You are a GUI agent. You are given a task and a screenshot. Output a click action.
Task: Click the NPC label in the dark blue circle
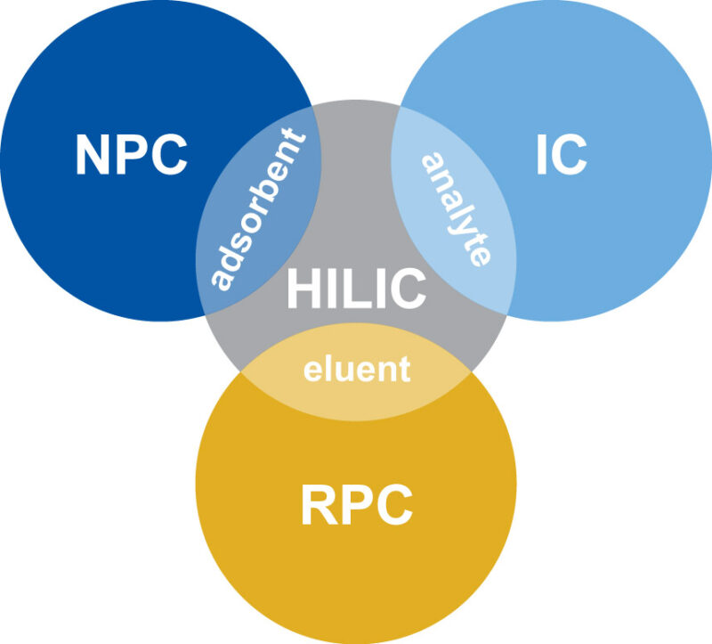(131, 155)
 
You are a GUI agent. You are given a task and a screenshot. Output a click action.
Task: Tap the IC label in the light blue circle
(561, 155)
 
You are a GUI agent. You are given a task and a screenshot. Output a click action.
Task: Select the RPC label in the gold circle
(356, 505)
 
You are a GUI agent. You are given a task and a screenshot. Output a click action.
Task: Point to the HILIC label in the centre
(356, 289)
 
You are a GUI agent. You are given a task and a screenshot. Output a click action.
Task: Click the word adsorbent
(259, 211)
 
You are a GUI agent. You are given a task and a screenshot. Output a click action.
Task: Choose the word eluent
(357, 368)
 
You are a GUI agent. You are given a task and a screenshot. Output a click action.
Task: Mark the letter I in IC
(542, 155)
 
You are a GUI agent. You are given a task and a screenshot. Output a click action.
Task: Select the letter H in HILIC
(303, 289)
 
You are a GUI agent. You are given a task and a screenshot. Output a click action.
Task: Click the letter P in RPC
(356, 505)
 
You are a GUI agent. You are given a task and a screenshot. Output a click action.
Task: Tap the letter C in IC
(570, 155)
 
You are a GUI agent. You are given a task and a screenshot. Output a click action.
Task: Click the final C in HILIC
(408, 289)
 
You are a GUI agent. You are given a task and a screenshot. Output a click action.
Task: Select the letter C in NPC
(169, 155)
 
